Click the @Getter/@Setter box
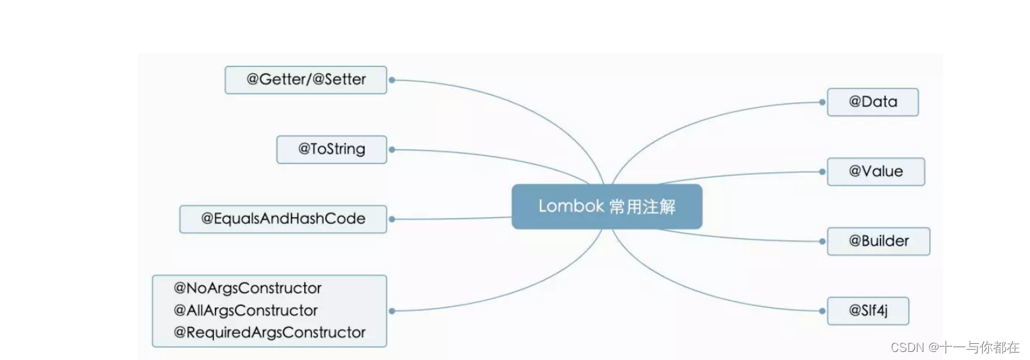[306, 79]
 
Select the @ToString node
[331, 149]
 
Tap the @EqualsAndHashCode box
[283, 219]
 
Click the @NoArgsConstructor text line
[248, 289]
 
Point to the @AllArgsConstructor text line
[246, 311]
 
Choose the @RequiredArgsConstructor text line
[269, 332]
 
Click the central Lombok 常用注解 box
[607, 207]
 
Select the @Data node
[872, 102]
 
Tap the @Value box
[875, 172]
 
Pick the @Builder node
[878, 241]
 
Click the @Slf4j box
[868, 311]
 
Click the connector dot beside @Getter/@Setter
[392, 79]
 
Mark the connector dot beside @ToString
[392, 149]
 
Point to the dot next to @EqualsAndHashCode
[392, 219]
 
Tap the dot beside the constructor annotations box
[392, 311]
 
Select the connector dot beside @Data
[822, 102]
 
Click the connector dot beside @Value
[822, 172]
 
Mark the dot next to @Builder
[822, 241]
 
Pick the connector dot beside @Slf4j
[822, 311]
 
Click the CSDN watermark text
[955, 347]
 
